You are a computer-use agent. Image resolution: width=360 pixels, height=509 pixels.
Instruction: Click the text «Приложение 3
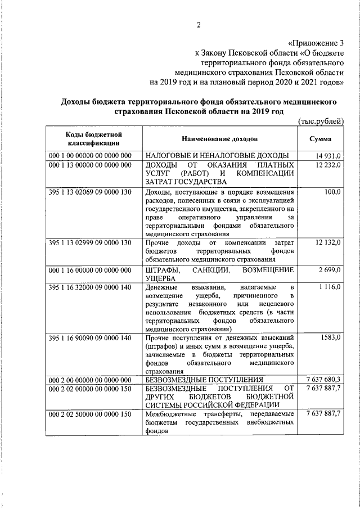tap(316, 42)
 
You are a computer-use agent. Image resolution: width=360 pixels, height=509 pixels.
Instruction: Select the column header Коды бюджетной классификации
tap(94, 138)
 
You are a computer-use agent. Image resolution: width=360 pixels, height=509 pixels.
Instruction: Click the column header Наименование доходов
tap(219, 138)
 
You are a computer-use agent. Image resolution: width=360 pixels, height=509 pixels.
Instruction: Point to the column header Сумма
tap(320, 138)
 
